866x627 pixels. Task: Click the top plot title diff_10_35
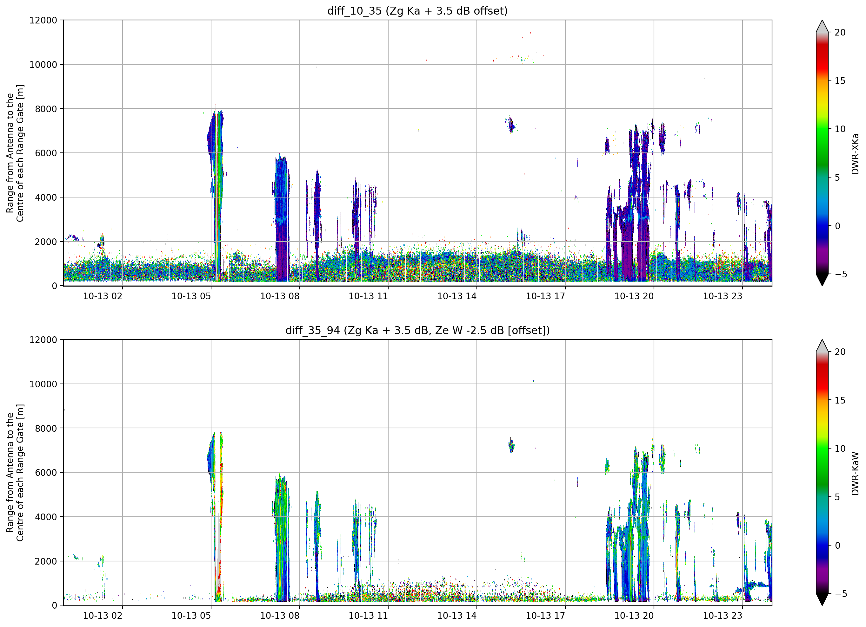[354, 11]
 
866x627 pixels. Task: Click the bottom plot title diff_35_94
[312, 330]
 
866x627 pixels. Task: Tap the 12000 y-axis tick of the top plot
[43, 20]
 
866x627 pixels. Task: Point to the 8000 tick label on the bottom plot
[46, 428]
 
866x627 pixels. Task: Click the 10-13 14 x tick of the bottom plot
[457, 616]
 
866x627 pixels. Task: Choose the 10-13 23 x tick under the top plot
[723, 296]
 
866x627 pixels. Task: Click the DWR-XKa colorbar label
[855, 154]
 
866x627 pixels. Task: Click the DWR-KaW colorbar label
[855, 473]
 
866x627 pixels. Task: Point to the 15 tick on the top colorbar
[840, 81]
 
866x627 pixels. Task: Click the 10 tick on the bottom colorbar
[840, 449]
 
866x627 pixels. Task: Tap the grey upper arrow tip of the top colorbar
[822, 21]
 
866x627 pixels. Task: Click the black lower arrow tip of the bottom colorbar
[822, 605]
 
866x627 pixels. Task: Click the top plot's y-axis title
[15, 153]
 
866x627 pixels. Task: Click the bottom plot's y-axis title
[15, 473]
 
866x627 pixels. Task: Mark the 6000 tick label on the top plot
[46, 153]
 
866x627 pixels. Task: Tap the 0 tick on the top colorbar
[837, 226]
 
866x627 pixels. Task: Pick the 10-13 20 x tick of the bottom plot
[634, 616]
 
